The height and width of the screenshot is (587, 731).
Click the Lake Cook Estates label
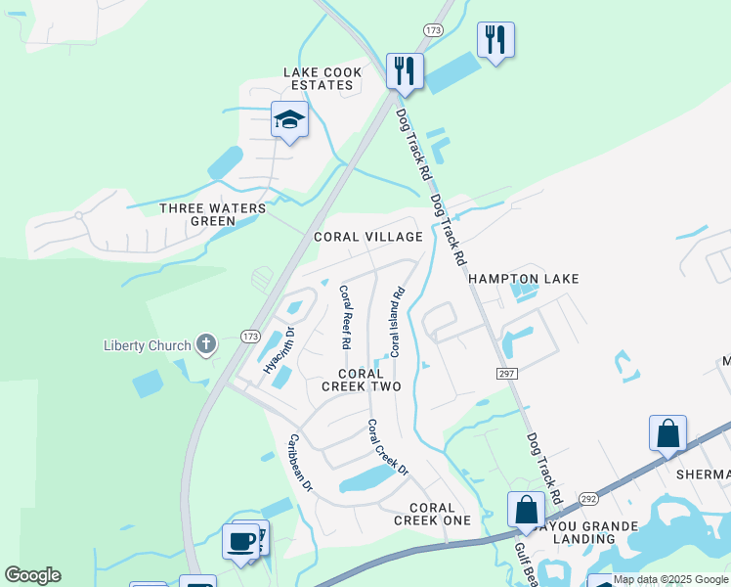pos(322,79)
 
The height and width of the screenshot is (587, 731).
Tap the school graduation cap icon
pos(288,120)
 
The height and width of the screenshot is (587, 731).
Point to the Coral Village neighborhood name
pos(367,237)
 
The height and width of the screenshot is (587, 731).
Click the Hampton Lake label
pos(523,279)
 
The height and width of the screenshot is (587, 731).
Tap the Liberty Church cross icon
pos(205,344)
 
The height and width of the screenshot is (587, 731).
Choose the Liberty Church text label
pos(147,345)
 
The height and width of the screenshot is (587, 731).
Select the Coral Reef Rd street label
pos(345,317)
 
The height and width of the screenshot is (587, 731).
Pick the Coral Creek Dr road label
pos(387,448)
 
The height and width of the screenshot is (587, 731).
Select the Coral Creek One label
pos(432,514)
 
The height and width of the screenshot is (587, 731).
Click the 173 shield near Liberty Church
pos(250,337)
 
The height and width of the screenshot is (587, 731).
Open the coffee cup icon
pos(240,540)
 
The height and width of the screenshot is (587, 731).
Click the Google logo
pos(32,575)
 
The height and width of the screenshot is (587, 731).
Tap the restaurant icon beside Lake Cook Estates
pos(404,70)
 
